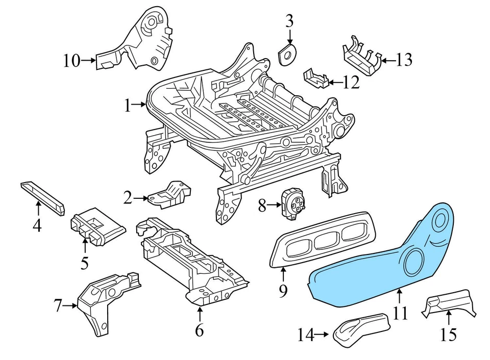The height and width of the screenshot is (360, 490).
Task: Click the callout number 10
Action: click(x=72, y=61)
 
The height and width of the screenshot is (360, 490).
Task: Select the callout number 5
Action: click(x=84, y=263)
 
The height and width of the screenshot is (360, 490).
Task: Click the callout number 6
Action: click(x=199, y=330)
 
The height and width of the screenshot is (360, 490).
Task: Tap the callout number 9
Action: click(x=283, y=291)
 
